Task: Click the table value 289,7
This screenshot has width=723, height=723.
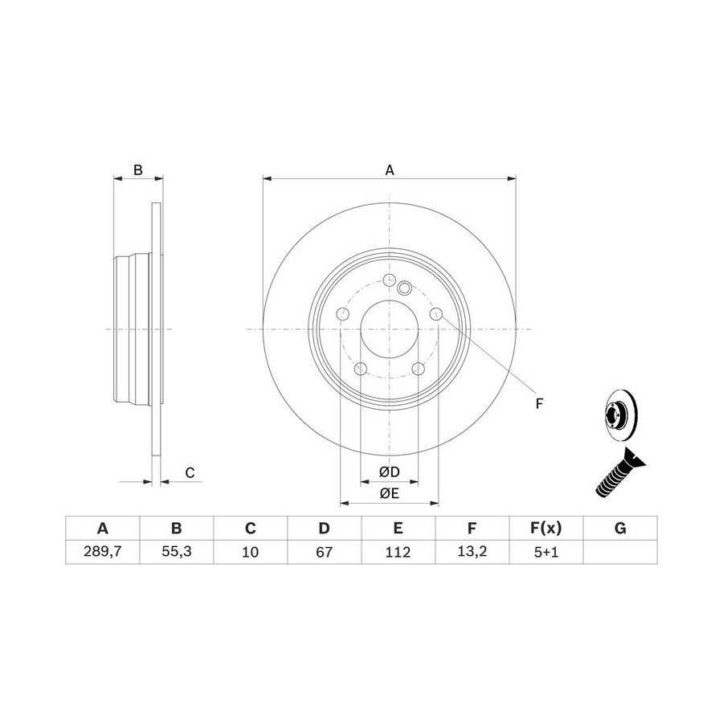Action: click(x=102, y=551)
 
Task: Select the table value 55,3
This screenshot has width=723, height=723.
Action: click(x=176, y=551)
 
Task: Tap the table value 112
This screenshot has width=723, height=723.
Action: click(x=398, y=551)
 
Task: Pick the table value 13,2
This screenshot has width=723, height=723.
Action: click(x=472, y=551)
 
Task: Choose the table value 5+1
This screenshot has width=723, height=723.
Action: click(x=546, y=551)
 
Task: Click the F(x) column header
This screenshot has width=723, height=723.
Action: click(x=546, y=528)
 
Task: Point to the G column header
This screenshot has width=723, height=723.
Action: click(x=620, y=528)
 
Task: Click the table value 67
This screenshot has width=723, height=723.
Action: click(x=325, y=551)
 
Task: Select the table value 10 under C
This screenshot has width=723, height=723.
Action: click(x=251, y=551)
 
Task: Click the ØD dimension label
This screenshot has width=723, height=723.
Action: click(x=389, y=472)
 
